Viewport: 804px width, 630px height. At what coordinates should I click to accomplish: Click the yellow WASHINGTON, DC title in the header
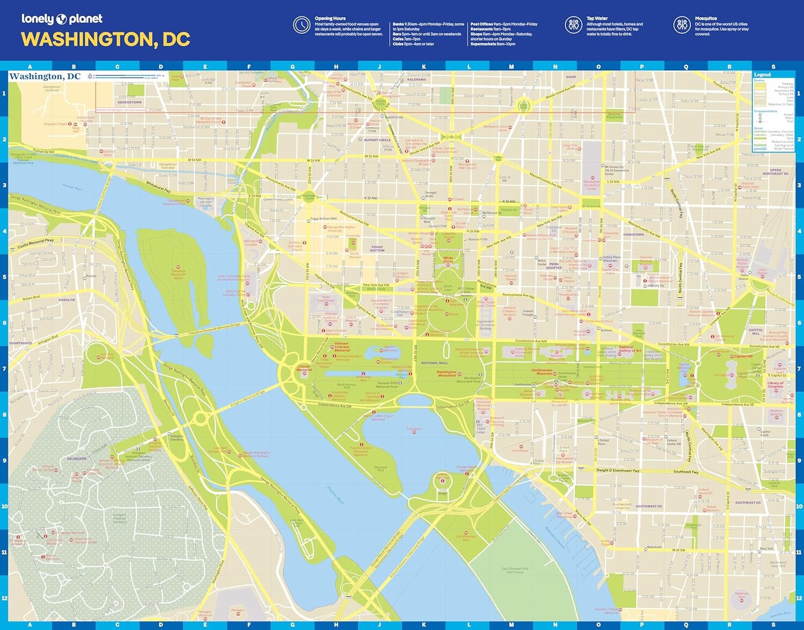coord(106,40)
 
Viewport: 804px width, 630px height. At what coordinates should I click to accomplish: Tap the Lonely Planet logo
coord(62,19)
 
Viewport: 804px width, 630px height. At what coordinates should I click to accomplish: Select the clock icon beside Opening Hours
coord(302,25)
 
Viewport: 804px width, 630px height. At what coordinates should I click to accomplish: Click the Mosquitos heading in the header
coord(705,18)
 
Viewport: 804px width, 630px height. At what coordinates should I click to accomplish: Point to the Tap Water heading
coord(597,18)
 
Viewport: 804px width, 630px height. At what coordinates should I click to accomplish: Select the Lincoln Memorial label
coord(304,369)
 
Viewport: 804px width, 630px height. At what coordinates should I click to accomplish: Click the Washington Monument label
coord(446,373)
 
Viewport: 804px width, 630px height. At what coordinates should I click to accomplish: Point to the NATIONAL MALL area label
coord(434,363)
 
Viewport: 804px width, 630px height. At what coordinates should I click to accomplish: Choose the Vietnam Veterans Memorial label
coord(341,347)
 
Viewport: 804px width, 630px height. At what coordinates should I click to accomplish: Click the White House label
coord(448,259)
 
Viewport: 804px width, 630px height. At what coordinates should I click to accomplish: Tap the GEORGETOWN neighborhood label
coord(129,102)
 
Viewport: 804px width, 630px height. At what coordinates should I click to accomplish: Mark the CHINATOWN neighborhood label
coord(634,235)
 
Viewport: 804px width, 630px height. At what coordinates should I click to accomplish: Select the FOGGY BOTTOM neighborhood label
coord(377,249)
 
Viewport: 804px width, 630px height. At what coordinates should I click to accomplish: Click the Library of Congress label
coord(775,384)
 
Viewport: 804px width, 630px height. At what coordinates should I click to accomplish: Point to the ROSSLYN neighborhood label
coord(67,300)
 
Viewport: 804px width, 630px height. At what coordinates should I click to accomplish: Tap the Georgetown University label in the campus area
coord(52,88)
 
